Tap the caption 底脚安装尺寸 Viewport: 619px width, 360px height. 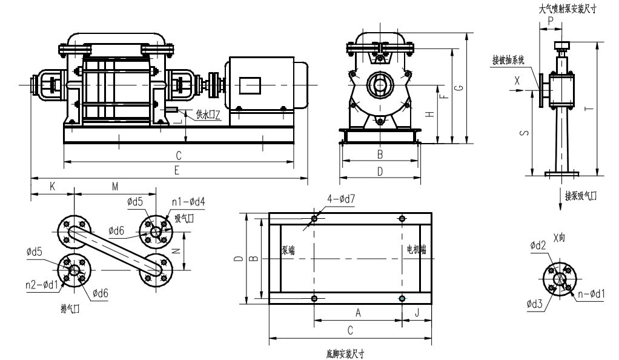point(345,352)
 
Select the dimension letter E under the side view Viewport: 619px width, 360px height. point(176,172)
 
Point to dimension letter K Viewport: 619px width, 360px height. point(52,188)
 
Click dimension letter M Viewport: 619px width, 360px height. point(114,188)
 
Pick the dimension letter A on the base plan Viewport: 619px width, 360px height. point(357,313)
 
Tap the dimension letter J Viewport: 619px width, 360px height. point(417,313)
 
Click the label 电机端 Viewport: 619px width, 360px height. point(416,249)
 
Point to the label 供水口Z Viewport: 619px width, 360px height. point(208,115)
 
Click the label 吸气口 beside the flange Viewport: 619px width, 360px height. point(184,218)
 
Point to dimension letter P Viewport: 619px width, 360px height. point(550,20)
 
